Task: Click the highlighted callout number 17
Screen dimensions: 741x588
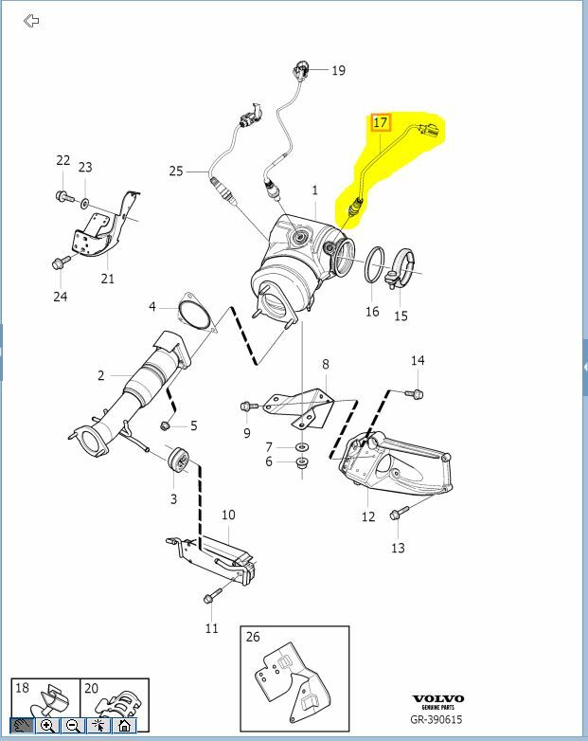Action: [381, 122]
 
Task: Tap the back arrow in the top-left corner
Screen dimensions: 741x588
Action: [31, 21]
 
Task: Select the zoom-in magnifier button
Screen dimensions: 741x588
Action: [47, 726]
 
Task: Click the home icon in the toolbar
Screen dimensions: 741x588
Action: [124, 726]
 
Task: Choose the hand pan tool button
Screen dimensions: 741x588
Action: [23, 726]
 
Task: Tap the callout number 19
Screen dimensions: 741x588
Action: [338, 70]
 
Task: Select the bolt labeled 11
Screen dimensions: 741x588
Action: [211, 596]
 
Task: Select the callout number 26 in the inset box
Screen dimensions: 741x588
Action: [252, 636]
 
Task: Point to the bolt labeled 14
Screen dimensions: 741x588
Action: [417, 393]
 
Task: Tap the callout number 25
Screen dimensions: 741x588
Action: [176, 171]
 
